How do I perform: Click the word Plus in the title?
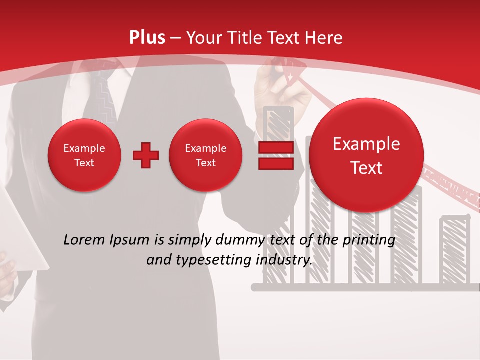pyautogui.click(x=147, y=38)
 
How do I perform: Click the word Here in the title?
pyautogui.click(x=323, y=38)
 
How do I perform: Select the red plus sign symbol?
pyautogui.click(x=146, y=155)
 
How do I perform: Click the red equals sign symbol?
pyautogui.click(x=276, y=155)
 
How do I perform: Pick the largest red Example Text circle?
pyautogui.click(x=366, y=155)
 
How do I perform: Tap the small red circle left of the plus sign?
pyautogui.click(x=84, y=155)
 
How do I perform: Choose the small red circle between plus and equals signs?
pyautogui.click(x=205, y=155)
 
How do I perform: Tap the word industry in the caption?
pyautogui.click(x=285, y=260)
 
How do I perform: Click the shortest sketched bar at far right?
pyautogui.click(x=455, y=250)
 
